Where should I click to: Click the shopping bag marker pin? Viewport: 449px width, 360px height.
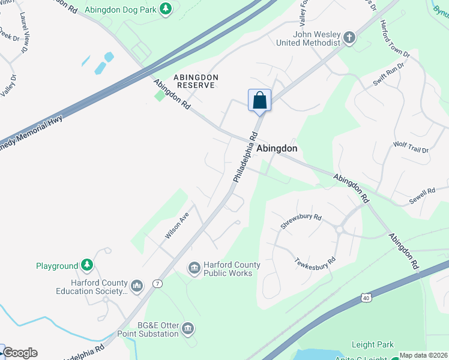[259, 100]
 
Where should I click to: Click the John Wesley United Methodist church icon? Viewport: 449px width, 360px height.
[349, 38]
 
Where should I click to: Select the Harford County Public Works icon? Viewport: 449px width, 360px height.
[194, 268]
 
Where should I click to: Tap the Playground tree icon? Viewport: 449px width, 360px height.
[88, 265]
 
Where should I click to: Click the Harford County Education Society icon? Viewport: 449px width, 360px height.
[137, 286]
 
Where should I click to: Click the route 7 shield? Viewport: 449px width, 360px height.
[158, 284]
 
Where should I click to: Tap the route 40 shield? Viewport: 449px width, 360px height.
[366, 296]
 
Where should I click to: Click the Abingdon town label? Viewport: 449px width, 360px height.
[277, 148]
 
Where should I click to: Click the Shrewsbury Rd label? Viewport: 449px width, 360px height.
[301, 221]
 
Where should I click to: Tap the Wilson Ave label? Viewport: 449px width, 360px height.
[177, 225]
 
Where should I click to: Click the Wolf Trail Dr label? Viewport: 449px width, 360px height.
[411, 148]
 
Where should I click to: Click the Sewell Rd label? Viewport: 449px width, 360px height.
[423, 194]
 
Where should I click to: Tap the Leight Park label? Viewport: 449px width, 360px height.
[373, 344]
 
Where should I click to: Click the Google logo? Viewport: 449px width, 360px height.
[20, 353]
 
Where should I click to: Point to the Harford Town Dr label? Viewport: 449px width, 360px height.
[394, 38]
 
